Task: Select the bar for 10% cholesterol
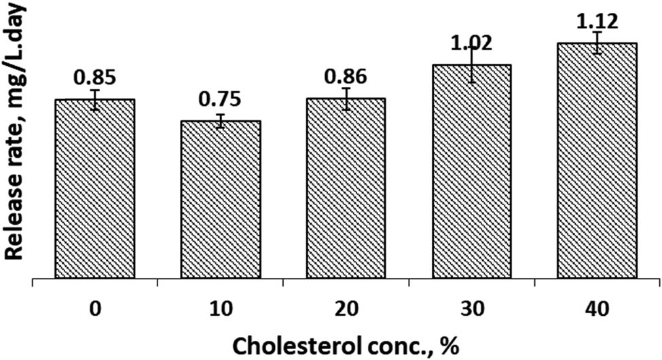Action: tap(221, 200)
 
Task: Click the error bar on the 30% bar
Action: tap(472, 65)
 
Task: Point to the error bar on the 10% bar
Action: tap(221, 121)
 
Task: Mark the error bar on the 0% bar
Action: tap(95, 100)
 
